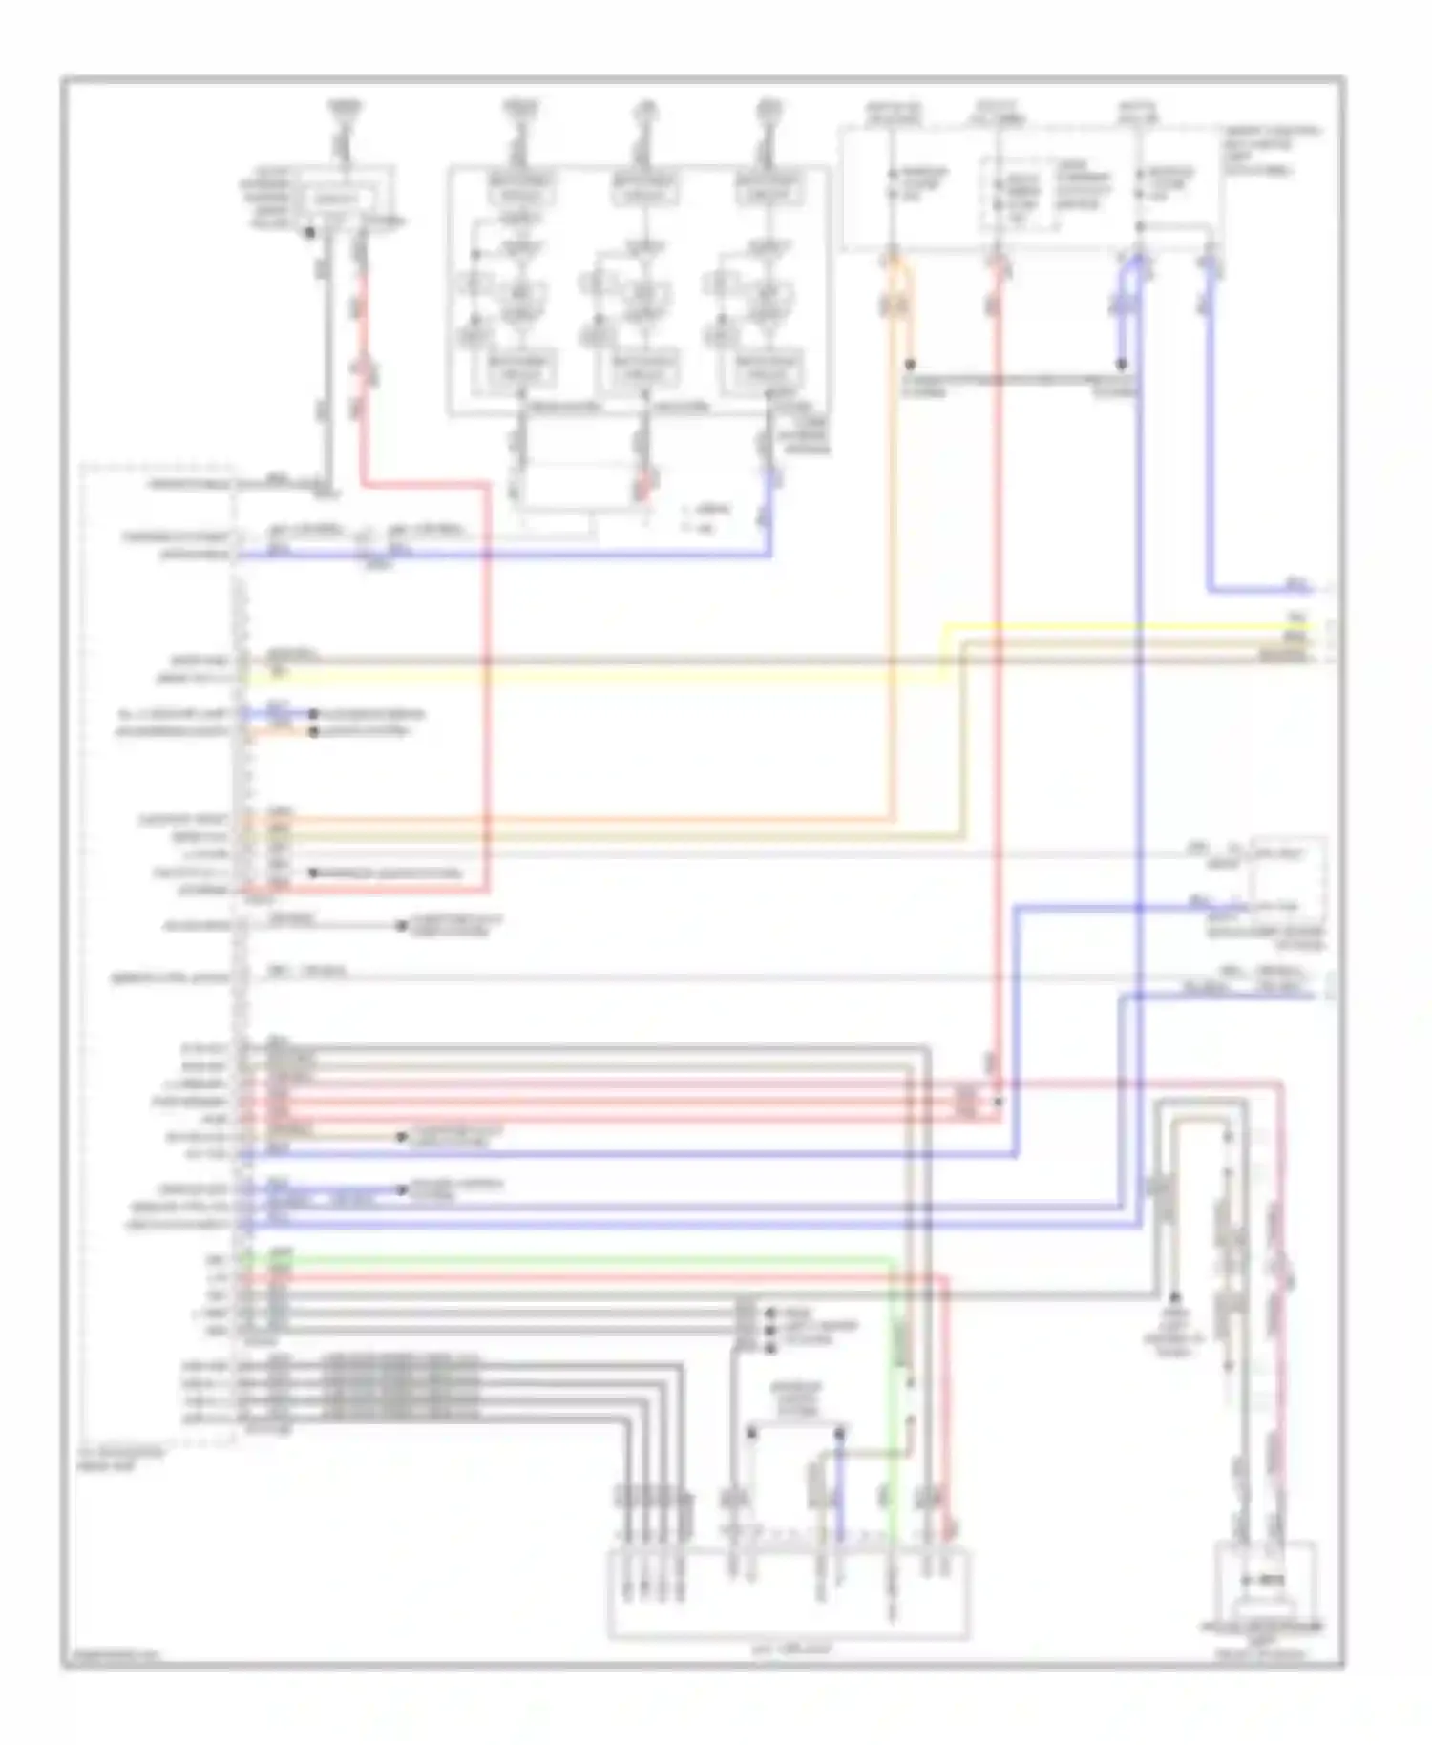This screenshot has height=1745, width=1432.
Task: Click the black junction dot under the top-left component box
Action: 309,232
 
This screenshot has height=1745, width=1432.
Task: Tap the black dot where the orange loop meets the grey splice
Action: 910,365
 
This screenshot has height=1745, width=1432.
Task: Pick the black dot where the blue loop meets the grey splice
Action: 1122,365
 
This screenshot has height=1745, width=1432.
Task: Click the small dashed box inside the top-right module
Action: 1018,194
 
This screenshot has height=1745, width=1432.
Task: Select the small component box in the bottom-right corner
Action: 1265,1582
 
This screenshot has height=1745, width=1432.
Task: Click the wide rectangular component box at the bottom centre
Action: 788,1593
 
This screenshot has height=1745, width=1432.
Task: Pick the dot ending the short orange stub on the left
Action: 312,732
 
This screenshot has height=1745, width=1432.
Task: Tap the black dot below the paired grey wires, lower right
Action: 1174,1298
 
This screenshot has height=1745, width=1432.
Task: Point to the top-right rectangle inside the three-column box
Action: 768,187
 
